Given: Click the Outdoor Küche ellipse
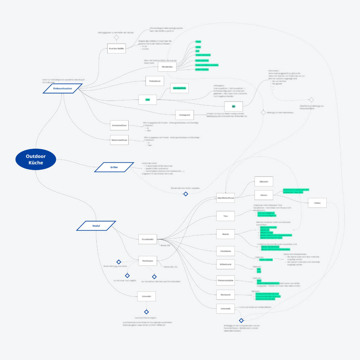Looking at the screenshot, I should tap(36, 160).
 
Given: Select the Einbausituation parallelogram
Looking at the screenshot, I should tap(63, 89).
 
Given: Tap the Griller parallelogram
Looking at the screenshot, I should tap(114, 167).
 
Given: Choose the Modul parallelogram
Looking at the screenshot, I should tap(96, 226).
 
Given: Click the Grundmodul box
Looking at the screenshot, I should tap(148, 239).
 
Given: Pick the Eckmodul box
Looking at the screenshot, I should tap(146, 296).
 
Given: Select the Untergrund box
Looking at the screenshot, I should tap(185, 115).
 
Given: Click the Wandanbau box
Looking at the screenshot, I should tap(167, 66).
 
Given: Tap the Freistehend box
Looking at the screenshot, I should tap(155, 81).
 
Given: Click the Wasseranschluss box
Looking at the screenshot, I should tap(119, 140).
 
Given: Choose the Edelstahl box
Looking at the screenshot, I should tap(264, 181).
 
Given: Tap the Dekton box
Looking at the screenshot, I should tap(264, 195).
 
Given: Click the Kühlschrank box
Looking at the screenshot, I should tap(225, 264).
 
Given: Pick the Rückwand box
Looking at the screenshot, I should tap(225, 295).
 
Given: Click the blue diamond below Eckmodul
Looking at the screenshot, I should tap(147, 312).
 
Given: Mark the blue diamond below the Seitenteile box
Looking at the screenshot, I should tap(241, 320).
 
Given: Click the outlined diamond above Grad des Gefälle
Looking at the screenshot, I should tap(116, 37).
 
